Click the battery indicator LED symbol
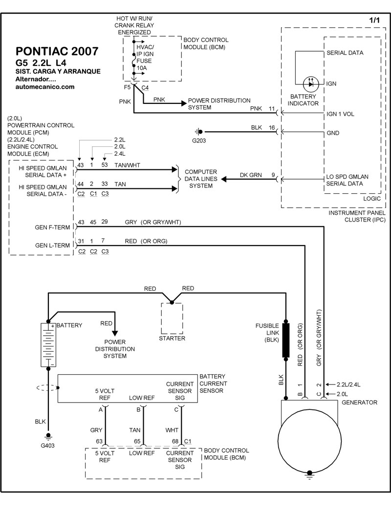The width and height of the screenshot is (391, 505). coord(311,84)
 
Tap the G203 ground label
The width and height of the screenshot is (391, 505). coord(199,141)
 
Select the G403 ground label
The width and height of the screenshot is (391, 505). coord(47,446)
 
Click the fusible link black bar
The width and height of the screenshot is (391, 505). coord(286,340)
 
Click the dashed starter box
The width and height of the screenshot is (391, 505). coord(172,318)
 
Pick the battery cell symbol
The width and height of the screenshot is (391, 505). coord(48,344)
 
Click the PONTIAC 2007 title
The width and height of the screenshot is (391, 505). coord(57,52)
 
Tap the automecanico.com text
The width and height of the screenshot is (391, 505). coord(45,87)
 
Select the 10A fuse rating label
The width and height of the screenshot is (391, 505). coord(142,68)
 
